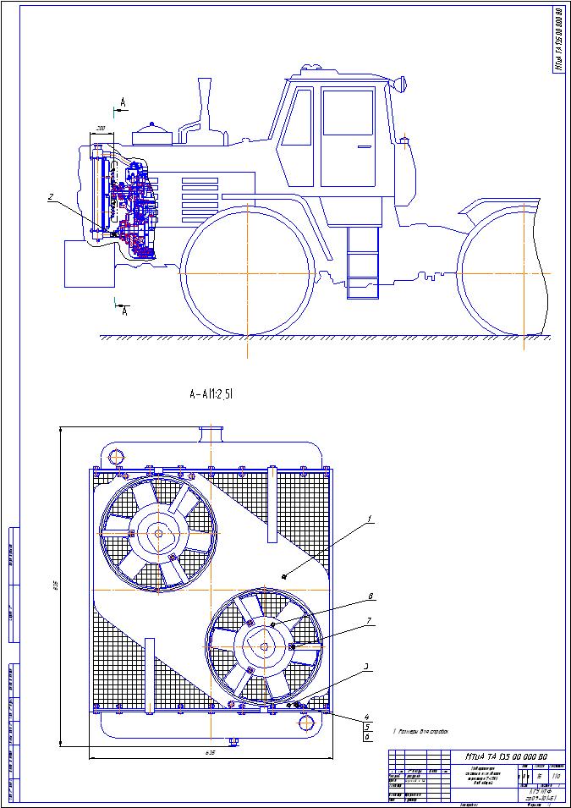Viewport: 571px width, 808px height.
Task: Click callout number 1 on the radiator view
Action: (x=369, y=517)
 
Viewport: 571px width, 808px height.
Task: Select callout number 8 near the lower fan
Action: (x=370, y=596)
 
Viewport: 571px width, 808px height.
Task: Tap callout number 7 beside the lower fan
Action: (x=369, y=623)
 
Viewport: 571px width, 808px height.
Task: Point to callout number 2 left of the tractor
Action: (x=51, y=197)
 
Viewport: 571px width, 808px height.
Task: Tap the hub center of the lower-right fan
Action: (x=265, y=646)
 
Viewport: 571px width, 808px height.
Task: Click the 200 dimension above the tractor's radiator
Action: (x=101, y=128)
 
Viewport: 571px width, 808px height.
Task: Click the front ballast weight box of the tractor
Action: (x=89, y=263)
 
